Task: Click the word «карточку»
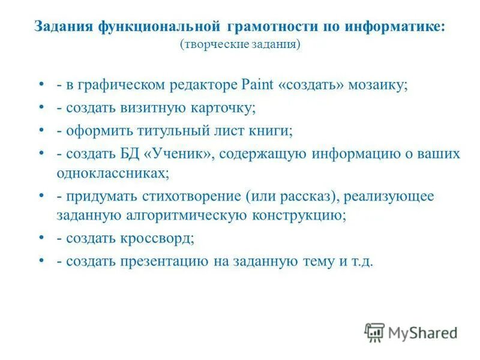[226, 108]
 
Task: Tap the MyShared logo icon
[374, 332]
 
